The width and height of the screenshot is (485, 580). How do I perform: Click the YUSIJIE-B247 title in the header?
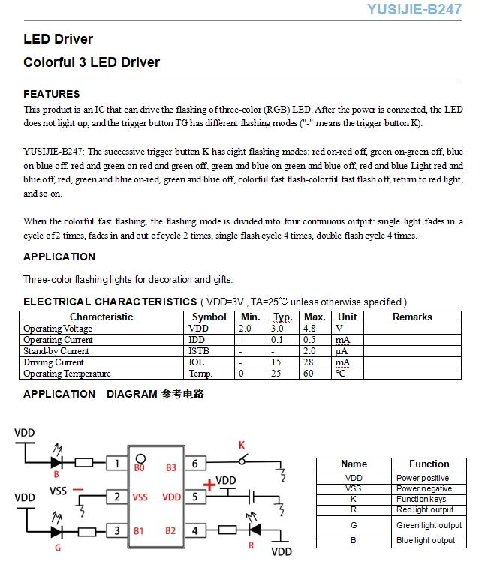[x=414, y=10]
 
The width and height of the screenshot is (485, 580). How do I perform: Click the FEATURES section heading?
[x=51, y=94]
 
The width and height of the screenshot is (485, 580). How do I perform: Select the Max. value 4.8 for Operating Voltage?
[x=309, y=329]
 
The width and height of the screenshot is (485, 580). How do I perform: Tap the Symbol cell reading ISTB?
[x=200, y=351]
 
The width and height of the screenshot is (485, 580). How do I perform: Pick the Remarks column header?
[x=412, y=317]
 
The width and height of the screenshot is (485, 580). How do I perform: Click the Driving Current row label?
[x=53, y=362]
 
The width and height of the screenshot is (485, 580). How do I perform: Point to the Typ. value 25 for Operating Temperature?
[x=277, y=374]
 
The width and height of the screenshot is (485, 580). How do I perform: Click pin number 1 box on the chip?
[x=116, y=464]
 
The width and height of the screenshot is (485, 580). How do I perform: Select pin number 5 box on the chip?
[x=195, y=497]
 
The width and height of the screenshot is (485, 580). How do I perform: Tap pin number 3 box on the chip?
[x=116, y=531]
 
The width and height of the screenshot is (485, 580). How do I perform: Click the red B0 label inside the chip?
[x=140, y=468]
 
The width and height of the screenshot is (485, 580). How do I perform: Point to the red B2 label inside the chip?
[x=171, y=531]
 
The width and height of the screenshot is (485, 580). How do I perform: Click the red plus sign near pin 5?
[x=209, y=485]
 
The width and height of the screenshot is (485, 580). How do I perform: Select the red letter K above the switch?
[x=242, y=446]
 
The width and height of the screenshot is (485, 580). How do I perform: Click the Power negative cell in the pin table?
[x=424, y=488]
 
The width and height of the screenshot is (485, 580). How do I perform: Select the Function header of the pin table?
[x=429, y=464]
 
